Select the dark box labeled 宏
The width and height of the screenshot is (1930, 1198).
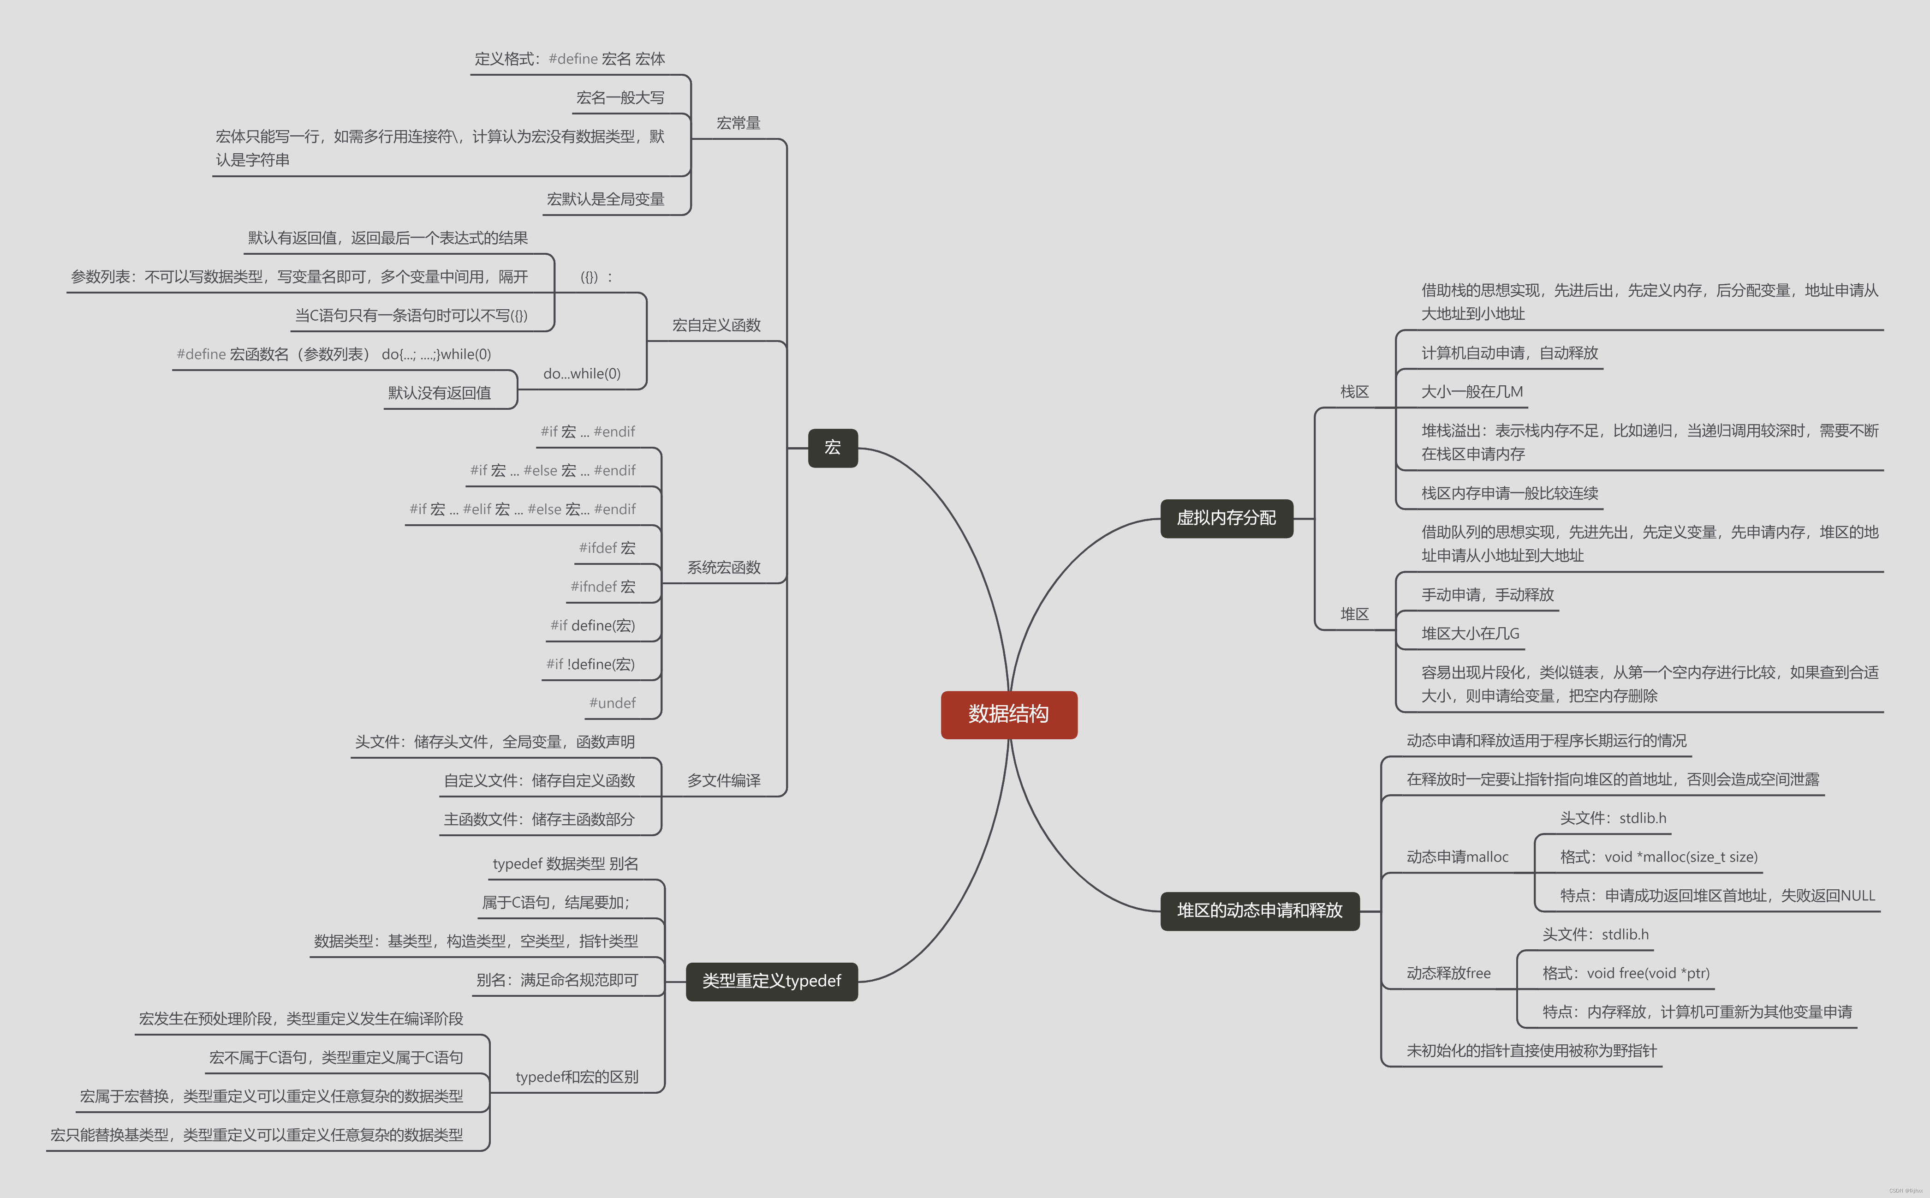click(832, 448)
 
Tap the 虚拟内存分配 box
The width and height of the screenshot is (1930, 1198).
click(1226, 518)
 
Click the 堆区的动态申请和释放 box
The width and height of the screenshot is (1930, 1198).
click(1259, 910)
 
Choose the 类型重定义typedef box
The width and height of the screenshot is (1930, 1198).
click(771, 981)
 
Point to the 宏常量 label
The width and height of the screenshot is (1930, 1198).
click(738, 123)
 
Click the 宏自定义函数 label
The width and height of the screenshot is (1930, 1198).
click(716, 325)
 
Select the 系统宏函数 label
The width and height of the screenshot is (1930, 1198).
click(723, 567)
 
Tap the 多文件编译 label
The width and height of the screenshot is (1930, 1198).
click(723, 780)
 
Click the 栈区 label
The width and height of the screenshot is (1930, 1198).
click(1354, 391)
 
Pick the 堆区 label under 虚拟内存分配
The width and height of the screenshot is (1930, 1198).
click(1354, 614)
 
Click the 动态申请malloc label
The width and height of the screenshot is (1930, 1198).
click(1457, 857)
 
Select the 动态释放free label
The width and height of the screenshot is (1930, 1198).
click(1448, 973)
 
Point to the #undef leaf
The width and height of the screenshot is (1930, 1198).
click(612, 703)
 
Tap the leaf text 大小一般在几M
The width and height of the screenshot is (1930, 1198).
click(1471, 391)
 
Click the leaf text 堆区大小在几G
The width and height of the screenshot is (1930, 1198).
click(1470, 633)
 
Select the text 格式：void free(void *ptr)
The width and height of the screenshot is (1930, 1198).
click(1626, 973)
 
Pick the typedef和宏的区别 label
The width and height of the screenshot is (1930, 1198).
click(577, 1077)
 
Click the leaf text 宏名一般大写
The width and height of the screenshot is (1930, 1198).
click(620, 97)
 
